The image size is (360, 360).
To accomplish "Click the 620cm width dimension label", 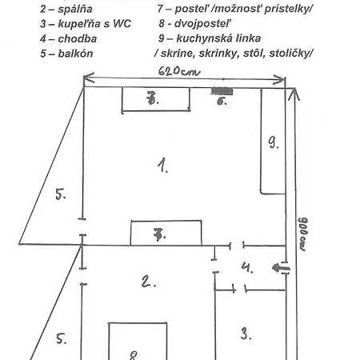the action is point(178,71).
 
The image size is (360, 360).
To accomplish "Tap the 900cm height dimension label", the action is point(302,234).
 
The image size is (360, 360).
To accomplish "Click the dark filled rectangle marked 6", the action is point(222,91).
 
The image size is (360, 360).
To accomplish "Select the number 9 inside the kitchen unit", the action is point(274,142).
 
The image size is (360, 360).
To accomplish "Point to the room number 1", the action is point(162,166).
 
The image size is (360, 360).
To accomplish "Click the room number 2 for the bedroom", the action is point(148,282).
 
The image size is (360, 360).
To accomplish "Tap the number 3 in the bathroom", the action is point(246,334).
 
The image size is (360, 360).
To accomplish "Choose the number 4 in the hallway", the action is point(247,267).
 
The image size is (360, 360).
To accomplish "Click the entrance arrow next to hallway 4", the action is point(281,268).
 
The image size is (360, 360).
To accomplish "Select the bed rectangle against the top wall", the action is point(156,99).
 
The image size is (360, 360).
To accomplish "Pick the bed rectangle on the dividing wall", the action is point(166,233).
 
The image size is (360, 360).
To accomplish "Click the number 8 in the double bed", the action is point(133,355).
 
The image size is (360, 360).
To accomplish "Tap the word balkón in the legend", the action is point(75,54).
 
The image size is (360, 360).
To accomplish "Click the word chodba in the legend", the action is point(78,39).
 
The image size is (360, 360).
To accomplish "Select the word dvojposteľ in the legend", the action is point(202,24).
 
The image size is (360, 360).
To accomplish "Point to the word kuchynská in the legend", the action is point(204,38).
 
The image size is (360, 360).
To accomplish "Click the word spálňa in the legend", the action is point(75,10).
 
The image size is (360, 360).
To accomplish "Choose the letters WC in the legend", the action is point(122,24).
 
